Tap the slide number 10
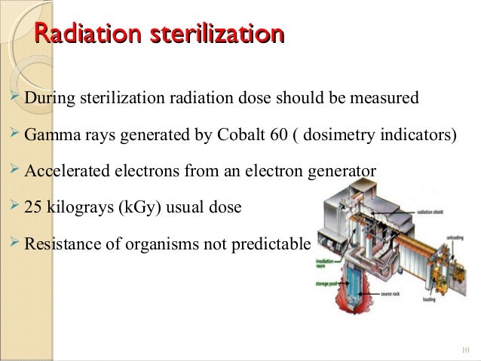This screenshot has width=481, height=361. tap(463, 348)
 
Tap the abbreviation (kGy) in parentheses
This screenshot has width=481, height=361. tap(137, 205)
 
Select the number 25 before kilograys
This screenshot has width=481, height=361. tap(33, 205)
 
